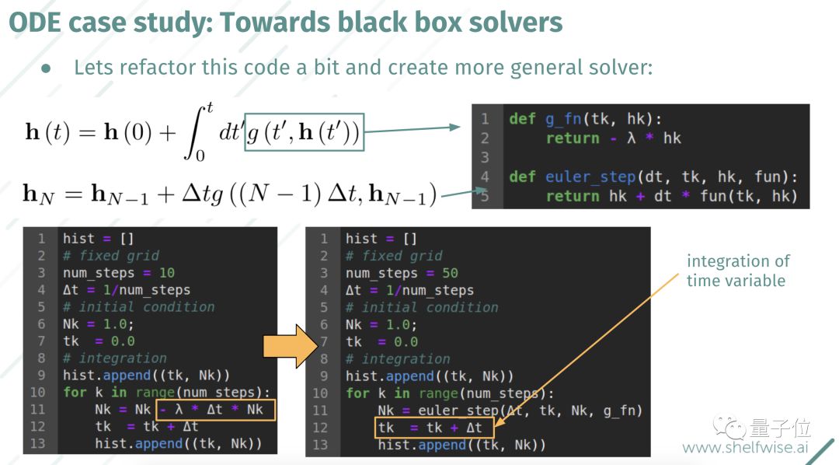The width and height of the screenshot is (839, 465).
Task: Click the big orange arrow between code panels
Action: tap(289, 341)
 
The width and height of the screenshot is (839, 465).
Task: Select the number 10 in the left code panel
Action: tap(165, 273)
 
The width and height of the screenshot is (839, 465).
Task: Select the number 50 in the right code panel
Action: tap(449, 273)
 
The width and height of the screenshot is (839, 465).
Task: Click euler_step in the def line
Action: tap(583, 177)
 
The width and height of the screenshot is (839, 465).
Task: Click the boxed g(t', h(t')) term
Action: tap(304, 133)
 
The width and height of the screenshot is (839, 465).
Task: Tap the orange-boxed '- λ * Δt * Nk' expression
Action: tap(217, 409)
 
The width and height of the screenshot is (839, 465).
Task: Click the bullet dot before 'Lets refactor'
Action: tap(46, 68)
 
